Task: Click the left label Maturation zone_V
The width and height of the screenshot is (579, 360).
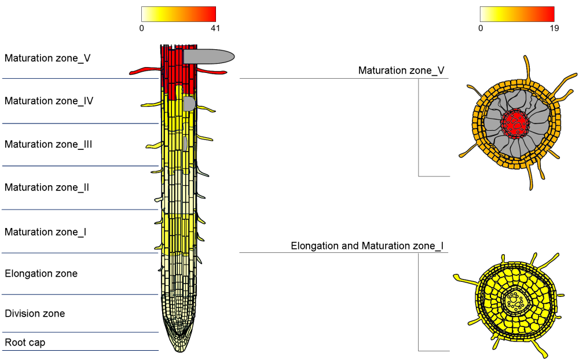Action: point(47,58)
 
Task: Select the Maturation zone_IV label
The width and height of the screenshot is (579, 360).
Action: point(49,101)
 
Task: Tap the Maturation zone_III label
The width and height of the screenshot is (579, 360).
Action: point(49,144)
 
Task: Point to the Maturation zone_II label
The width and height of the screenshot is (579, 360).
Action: point(47,188)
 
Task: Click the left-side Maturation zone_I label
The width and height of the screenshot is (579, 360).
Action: point(46,232)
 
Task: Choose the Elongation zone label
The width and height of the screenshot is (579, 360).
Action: point(41,273)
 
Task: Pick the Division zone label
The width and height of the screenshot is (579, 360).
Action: point(35,314)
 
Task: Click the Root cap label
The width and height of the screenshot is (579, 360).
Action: point(25,343)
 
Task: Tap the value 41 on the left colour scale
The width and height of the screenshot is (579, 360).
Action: point(215,28)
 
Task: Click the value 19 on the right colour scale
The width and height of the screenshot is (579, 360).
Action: point(554,28)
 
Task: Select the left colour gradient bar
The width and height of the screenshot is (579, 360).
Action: point(178,14)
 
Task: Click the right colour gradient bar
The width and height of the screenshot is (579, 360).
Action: point(517,14)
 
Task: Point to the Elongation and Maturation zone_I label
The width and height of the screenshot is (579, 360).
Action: point(367,246)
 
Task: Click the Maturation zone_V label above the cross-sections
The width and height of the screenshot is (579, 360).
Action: point(401,71)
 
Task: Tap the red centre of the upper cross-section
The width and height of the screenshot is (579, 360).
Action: point(515,123)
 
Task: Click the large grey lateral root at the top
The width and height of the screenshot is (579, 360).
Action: point(210,56)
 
